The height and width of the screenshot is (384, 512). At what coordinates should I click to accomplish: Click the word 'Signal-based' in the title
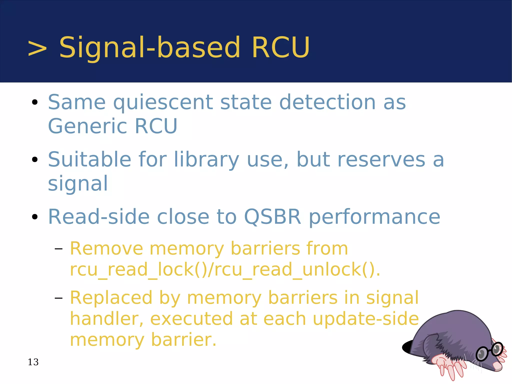tap(149, 48)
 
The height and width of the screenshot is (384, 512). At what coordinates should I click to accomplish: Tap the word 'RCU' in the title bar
tap(281, 48)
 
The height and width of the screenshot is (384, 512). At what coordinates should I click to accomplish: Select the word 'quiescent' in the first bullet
tap(163, 103)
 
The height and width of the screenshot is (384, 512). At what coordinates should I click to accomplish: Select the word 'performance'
tap(374, 217)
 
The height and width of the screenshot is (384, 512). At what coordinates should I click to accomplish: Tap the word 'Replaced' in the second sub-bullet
tap(111, 298)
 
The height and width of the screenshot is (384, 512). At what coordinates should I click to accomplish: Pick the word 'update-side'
tap(365, 319)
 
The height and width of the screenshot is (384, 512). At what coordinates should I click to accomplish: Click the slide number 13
tap(33, 362)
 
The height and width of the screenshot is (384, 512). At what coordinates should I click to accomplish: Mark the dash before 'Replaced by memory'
tap(58, 298)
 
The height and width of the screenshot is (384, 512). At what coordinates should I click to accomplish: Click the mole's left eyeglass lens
tap(481, 354)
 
